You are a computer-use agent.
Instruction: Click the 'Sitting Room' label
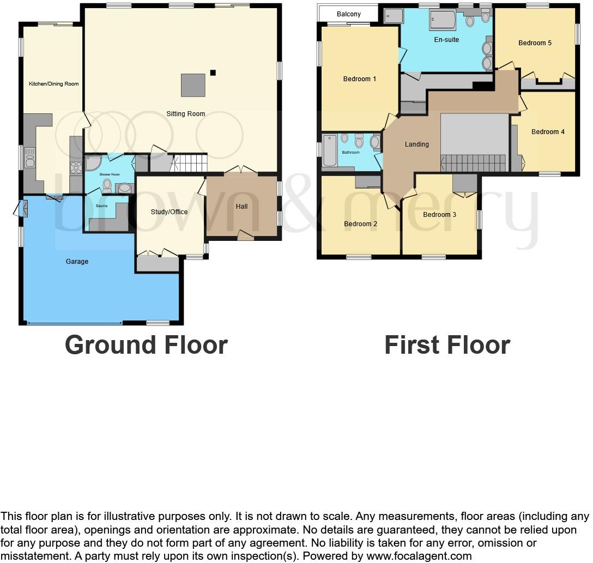[x=186, y=114]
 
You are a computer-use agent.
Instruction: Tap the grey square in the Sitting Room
[x=193, y=85]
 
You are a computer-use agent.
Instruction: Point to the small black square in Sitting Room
[x=213, y=72]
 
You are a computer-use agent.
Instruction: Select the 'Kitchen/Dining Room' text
[x=53, y=84]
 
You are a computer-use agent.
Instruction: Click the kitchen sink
[x=30, y=157]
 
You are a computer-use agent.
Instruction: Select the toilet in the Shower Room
[x=107, y=186]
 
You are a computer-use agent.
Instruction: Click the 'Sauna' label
[x=101, y=206]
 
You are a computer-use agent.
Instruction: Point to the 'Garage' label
[x=77, y=262]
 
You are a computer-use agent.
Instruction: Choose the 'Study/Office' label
[x=169, y=212]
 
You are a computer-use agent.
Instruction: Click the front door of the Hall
[x=245, y=235]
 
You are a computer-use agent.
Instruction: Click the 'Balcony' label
[x=348, y=14]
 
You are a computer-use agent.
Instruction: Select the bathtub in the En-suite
[x=441, y=21]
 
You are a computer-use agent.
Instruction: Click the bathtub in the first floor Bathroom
[x=330, y=150]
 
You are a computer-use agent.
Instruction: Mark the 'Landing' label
[x=416, y=144]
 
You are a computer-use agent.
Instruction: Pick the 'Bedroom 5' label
[x=535, y=43]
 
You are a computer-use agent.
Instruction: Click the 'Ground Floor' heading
[x=146, y=345]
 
